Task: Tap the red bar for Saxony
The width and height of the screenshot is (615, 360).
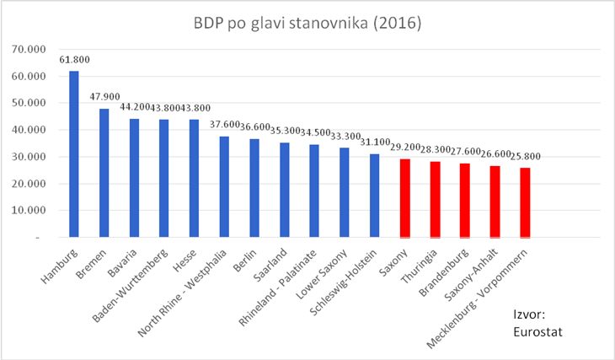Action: [x=405, y=198]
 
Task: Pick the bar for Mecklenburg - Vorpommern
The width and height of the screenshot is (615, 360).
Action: [x=525, y=202]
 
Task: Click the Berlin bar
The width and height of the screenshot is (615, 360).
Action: [x=254, y=188]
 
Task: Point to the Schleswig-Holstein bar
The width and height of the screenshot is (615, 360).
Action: [x=375, y=196]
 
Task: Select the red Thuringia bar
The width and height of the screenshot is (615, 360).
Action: [x=436, y=200]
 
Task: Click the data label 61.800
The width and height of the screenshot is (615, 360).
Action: [x=74, y=60]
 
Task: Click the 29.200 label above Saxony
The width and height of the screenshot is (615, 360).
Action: [x=405, y=148]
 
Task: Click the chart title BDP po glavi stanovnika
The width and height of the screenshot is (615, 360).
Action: [x=307, y=20]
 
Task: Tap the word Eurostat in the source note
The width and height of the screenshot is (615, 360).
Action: [x=537, y=331]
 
